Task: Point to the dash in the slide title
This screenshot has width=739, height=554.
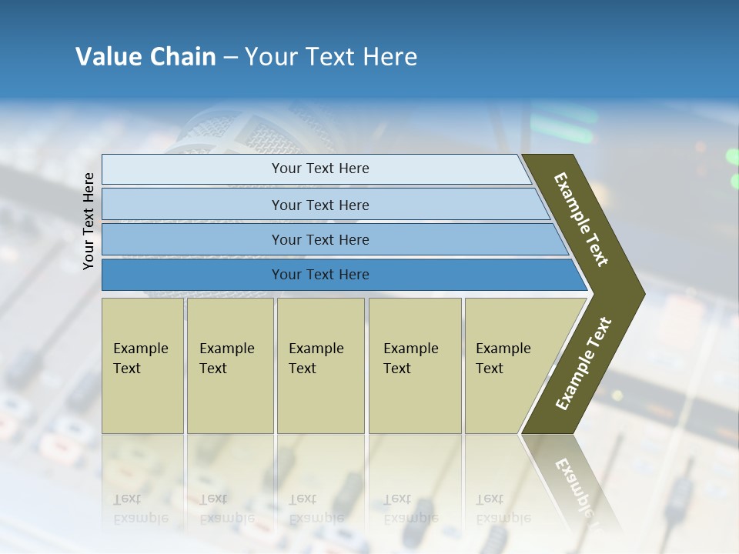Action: [230, 58]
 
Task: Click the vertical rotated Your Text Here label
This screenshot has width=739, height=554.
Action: [89, 221]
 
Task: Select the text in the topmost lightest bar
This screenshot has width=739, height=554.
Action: [320, 169]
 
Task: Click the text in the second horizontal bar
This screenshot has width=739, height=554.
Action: [320, 205]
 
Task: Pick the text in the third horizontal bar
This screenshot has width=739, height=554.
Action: [320, 240]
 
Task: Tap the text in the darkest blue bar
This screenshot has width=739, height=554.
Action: [320, 275]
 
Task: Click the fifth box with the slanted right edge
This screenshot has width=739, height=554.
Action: [503, 359]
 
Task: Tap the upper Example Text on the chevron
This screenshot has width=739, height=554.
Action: [581, 219]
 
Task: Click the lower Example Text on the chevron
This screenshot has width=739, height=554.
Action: [584, 364]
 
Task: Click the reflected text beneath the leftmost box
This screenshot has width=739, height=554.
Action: [140, 509]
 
